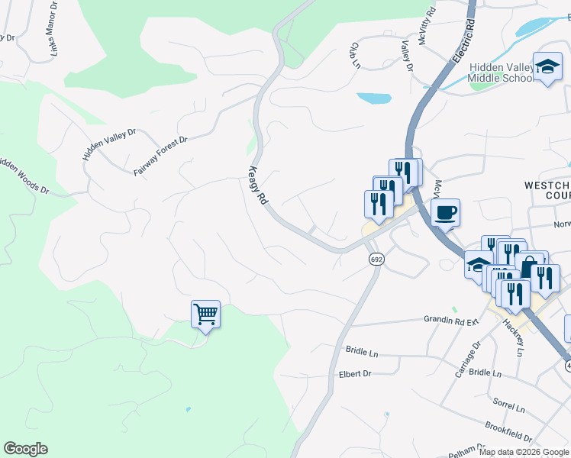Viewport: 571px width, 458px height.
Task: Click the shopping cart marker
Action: click(x=205, y=314)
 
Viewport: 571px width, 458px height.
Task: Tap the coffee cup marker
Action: click(x=446, y=212)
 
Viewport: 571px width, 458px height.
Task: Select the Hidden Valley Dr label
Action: click(x=109, y=144)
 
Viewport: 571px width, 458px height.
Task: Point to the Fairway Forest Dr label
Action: click(x=160, y=156)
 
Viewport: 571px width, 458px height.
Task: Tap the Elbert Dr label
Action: click(x=354, y=374)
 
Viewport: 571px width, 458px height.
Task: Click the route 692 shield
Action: click(x=376, y=260)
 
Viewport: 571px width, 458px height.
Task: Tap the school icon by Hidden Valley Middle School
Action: click(x=547, y=66)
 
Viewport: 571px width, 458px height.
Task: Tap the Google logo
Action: click(x=25, y=449)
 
